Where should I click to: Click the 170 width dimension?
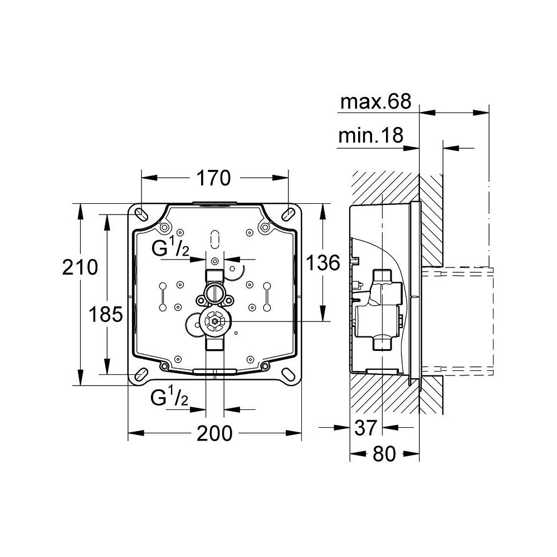(x=213, y=178)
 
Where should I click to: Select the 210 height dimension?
(x=81, y=267)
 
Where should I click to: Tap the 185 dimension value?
(x=106, y=315)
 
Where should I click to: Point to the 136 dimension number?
(x=323, y=262)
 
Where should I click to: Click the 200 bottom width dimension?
(x=214, y=433)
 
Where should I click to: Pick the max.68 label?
(x=375, y=102)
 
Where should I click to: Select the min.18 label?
(x=370, y=136)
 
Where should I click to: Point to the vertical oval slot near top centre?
(x=215, y=238)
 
